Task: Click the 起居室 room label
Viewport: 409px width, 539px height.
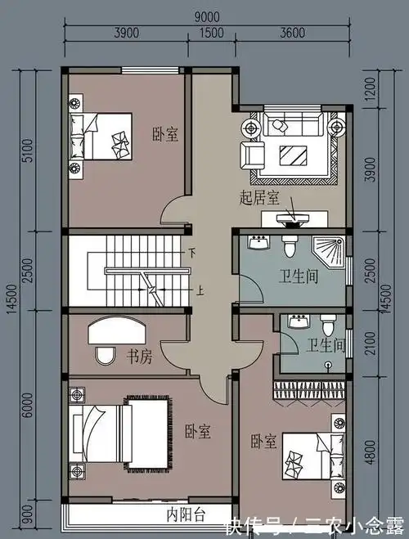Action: click(258, 197)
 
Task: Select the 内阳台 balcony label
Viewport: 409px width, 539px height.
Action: click(187, 514)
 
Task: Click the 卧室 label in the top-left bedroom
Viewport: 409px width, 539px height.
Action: click(164, 134)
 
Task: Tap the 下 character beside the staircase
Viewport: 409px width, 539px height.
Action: click(193, 252)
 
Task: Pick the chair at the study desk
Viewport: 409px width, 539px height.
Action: click(105, 356)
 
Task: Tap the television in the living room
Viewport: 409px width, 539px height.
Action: click(293, 218)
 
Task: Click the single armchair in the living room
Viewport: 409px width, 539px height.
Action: click(253, 153)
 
